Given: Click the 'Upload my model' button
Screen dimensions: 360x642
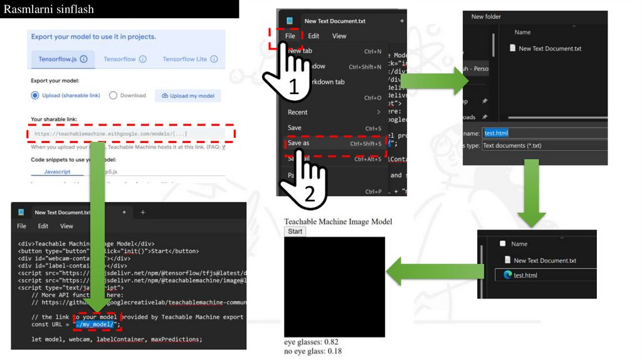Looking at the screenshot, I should (x=188, y=96).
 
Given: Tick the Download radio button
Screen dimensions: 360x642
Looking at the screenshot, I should (x=113, y=95).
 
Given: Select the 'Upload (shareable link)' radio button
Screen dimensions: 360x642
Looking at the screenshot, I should (x=35, y=95).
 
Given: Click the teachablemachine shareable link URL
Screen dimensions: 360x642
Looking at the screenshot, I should (x=110, y=134).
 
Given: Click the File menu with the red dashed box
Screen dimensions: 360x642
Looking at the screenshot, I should (x=290, y=36).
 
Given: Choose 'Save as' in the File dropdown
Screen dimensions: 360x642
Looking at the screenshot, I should (x=298, y=143).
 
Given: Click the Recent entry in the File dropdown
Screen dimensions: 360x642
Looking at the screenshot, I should (x=298, y=112).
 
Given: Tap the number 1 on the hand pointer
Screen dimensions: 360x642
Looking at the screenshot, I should (x=293, y=88).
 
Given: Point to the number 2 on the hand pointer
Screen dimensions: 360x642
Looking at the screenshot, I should (x=310, y=194).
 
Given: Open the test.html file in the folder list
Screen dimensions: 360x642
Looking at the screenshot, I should (x=525, y=275).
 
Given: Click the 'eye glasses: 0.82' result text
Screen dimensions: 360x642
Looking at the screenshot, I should (x=311, y=342).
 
